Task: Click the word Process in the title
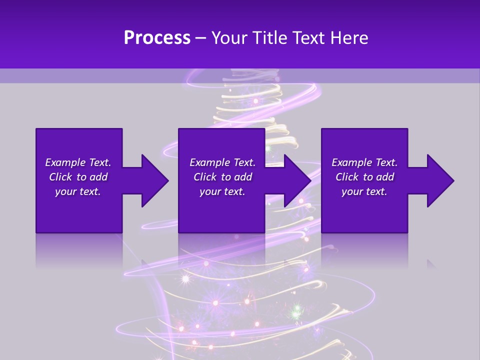157,38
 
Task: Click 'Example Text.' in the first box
78,162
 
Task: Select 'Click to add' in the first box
78,177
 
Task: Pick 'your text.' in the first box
78,191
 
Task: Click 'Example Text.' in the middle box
222,162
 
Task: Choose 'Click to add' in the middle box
222,177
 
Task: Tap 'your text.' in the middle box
222,191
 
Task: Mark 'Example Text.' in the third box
364,162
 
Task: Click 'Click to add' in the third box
364,177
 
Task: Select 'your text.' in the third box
364,191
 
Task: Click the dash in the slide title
201,38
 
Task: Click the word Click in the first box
61,177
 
